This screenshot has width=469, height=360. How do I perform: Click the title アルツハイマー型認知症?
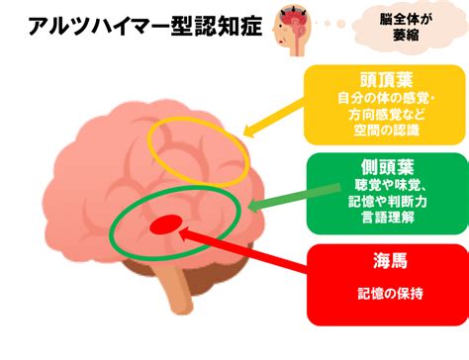pos(145,27)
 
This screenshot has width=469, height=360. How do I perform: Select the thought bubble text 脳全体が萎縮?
pos(406,27)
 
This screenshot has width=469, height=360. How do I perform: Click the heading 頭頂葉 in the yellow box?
pos(387,79)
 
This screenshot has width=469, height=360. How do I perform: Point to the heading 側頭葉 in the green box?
pos(388,167)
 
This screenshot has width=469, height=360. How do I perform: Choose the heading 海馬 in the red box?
pos(390,260)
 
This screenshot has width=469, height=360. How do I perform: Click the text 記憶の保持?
pos(390,293)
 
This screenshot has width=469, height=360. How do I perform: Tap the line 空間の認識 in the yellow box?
pos(386,131)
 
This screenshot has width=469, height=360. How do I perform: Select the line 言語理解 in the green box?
pos(388,218)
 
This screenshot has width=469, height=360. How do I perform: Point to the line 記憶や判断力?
pos(388,202)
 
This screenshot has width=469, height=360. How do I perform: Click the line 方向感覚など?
pos(387,115)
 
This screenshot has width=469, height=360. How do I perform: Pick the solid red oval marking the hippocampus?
pos(166,225)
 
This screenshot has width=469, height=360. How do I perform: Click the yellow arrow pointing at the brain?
pos(274,118)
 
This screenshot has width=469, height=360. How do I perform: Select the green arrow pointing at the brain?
pos(294,198)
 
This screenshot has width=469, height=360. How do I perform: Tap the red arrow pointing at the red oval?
pos(242,249)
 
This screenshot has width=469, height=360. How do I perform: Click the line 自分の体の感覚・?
pos(387,98)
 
